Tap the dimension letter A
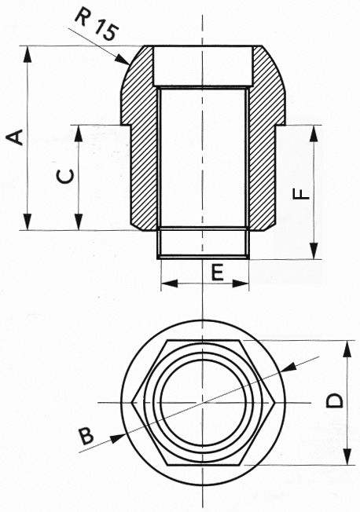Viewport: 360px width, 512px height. coord(16,137)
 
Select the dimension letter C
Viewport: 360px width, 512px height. coord(64,177)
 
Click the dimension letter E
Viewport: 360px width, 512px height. coord(217,272)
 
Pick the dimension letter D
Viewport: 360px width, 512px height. coord(335,400)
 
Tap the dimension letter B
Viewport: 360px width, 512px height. coord(86,437)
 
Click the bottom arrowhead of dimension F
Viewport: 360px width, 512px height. coord(314,251)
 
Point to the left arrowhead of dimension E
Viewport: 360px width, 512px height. coord(169,283)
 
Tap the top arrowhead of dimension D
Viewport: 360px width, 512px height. coord(347,349)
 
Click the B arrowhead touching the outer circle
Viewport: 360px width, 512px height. coord(117,438)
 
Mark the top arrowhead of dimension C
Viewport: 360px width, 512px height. coord(79,133)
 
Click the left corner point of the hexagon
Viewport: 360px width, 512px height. coord(131,403)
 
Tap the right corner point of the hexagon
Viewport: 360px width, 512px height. coord(274,403)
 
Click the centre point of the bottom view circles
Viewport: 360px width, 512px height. coord(203,403)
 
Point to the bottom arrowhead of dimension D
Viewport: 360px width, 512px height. coord(347,456)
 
